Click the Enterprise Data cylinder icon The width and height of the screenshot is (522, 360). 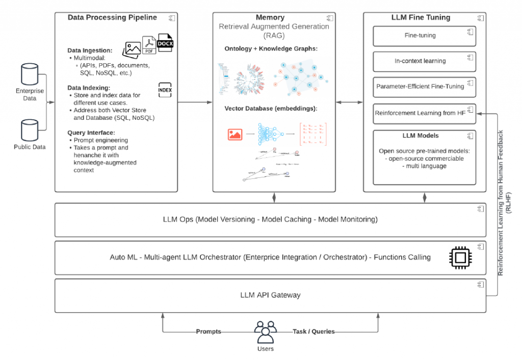tap(30, 75)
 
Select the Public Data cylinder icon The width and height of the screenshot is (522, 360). tap(30, 130)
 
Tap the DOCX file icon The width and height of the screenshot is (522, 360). tap(165, 43)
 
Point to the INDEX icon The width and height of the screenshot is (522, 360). tap(165, 90)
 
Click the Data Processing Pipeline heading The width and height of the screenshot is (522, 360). tap(112, 17)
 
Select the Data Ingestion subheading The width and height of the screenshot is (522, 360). tap(90, 50)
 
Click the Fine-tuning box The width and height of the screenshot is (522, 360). tap(424, 36)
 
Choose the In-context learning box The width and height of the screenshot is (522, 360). tap(424, 61)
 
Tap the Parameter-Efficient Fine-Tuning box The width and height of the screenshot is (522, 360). tap(424, 87)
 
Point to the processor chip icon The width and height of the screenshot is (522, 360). tap(460, 256)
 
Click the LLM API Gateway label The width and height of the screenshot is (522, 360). tap(270, 295)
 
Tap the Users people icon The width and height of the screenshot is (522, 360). tap(265, 332)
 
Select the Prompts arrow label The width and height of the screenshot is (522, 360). tap(208, 331)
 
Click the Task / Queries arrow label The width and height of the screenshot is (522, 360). tap(314, 331)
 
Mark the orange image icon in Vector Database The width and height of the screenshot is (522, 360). tap(235, 134)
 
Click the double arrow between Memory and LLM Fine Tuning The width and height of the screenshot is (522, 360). tap(349, 103)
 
